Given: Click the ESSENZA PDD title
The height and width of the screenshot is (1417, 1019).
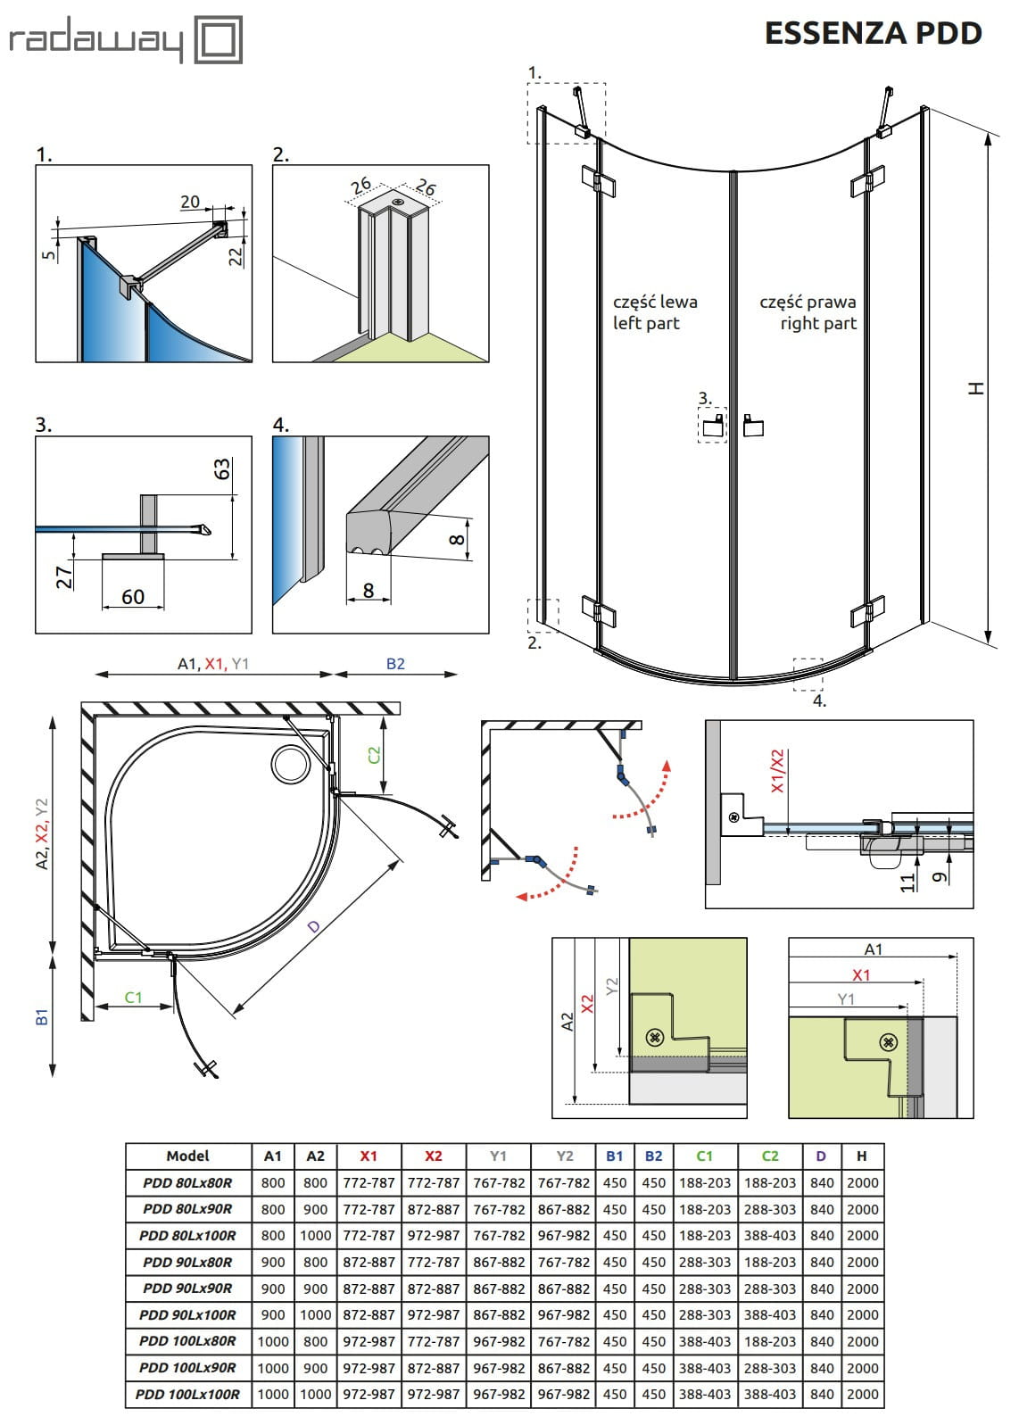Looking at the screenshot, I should tap(873, 34).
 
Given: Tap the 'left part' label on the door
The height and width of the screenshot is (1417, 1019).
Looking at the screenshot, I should tap(646, 323).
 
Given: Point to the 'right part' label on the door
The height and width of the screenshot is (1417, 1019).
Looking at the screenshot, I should tap(817, 323).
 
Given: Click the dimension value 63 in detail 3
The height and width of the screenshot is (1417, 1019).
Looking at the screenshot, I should tap(221, 469).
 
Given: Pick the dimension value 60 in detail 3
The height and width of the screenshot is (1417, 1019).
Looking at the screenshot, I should tap(133, 597).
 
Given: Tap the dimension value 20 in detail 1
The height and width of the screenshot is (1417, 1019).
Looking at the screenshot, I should tap(190, 203).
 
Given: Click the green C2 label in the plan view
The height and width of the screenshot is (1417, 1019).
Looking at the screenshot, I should tap(374, 754).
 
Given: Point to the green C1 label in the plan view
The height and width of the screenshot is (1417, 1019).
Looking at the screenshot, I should tap(133, 997).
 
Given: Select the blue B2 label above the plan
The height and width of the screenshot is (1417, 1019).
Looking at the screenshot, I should tap(395, 664).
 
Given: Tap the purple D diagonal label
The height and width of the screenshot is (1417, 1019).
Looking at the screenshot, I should tap(314, 927).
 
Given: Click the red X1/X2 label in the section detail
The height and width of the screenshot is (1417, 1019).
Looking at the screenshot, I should tap(777, 772).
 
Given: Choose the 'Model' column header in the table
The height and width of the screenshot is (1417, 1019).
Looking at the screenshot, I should tap(187, 1156).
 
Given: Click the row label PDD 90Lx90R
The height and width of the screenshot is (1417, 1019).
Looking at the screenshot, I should tap(187, 1289).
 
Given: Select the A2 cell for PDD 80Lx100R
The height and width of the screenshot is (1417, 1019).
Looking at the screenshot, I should tap(315, 1236).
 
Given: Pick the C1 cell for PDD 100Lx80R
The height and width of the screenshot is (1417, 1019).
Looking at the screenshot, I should tap(705, 1341).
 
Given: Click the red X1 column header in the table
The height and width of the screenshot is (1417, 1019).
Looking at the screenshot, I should tap(369, 1156).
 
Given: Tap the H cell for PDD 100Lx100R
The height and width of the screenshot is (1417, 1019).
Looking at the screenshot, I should tap(862, 1394).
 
